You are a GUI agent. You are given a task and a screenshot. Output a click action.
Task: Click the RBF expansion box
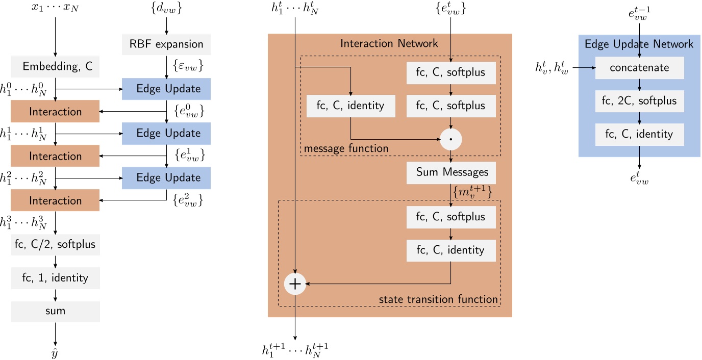point(166,44)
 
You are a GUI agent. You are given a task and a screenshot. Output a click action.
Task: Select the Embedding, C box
point(55,66)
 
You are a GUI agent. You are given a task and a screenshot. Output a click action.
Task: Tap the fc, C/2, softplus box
point(55,244)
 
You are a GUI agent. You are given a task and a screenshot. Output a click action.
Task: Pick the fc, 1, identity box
point(55,278)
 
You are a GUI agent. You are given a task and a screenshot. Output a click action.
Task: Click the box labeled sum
point(55,311)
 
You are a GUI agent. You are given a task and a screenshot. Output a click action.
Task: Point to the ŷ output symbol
point(55,352)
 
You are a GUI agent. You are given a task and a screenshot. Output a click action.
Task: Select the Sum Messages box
point(451,173)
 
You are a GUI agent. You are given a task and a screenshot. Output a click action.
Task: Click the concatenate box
point(639,68)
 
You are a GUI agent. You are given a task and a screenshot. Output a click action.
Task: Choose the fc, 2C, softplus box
point(639,101)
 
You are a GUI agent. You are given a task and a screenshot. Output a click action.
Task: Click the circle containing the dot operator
point(451,139)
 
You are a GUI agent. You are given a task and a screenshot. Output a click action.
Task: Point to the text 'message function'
point(346,148)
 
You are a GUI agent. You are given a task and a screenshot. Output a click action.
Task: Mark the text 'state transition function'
point(438,299)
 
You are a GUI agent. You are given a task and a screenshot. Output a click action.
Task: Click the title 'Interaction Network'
point(389,43)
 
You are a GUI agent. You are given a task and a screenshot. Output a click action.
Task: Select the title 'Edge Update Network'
point(639,44)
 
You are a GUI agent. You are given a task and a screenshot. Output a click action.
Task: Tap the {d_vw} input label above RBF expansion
point(166,8)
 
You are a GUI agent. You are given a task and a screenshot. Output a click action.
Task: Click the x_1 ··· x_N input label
point(55,9)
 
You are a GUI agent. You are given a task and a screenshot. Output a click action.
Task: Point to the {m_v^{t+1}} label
point(472,192)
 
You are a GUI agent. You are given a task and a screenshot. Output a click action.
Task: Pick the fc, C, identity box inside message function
point(350,106)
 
